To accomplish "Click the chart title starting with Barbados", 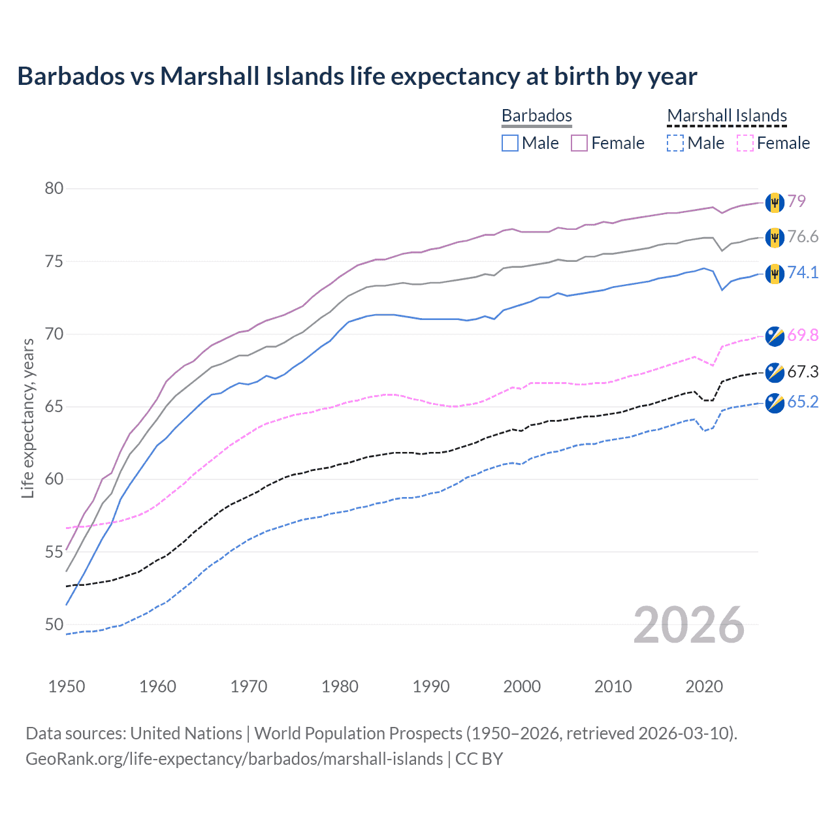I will [357, 76].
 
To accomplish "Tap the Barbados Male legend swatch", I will [510, 143].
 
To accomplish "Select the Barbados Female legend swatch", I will [579, 143].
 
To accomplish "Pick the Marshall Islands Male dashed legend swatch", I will [675, 143].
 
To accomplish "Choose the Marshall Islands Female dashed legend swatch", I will [745, 143].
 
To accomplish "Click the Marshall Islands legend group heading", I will [727, 116].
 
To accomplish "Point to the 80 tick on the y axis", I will [54, 189].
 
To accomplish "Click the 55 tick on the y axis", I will [54, 552].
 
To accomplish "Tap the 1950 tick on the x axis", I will [67, 686].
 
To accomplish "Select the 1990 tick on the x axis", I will [431, 686].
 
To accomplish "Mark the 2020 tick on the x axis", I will [704, 686].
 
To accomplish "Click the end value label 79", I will [796, 201].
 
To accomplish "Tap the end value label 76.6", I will [803, 236].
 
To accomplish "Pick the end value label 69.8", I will [803, 335].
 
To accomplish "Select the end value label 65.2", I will [803, 402].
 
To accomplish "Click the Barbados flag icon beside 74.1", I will [775, 273].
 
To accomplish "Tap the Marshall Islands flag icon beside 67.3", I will [775, 372].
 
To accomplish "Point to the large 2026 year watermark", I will [688, 625].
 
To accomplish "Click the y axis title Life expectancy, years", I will [28, 418].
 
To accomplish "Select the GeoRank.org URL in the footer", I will [234, 759].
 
